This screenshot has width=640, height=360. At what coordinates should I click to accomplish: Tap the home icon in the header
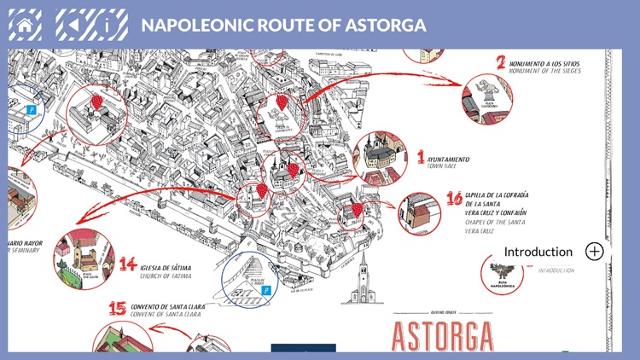click(x=25, y=24)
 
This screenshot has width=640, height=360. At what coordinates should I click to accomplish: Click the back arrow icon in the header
click(x=73, y=24)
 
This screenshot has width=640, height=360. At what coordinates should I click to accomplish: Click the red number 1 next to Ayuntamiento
click(x=420, y=156)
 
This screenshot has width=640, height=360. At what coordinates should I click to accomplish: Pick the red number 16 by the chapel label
click(x=455, y=200)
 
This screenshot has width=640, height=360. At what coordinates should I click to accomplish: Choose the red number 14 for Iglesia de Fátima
click(x=128, y=264)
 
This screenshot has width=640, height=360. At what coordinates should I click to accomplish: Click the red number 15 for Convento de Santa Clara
click(x=118, y=307)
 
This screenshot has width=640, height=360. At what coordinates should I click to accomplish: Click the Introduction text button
click(x=538, y=252)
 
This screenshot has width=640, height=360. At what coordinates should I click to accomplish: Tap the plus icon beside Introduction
click(x=595, y=252)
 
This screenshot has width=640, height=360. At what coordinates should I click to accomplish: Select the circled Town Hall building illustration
click(x=381, y=158)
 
